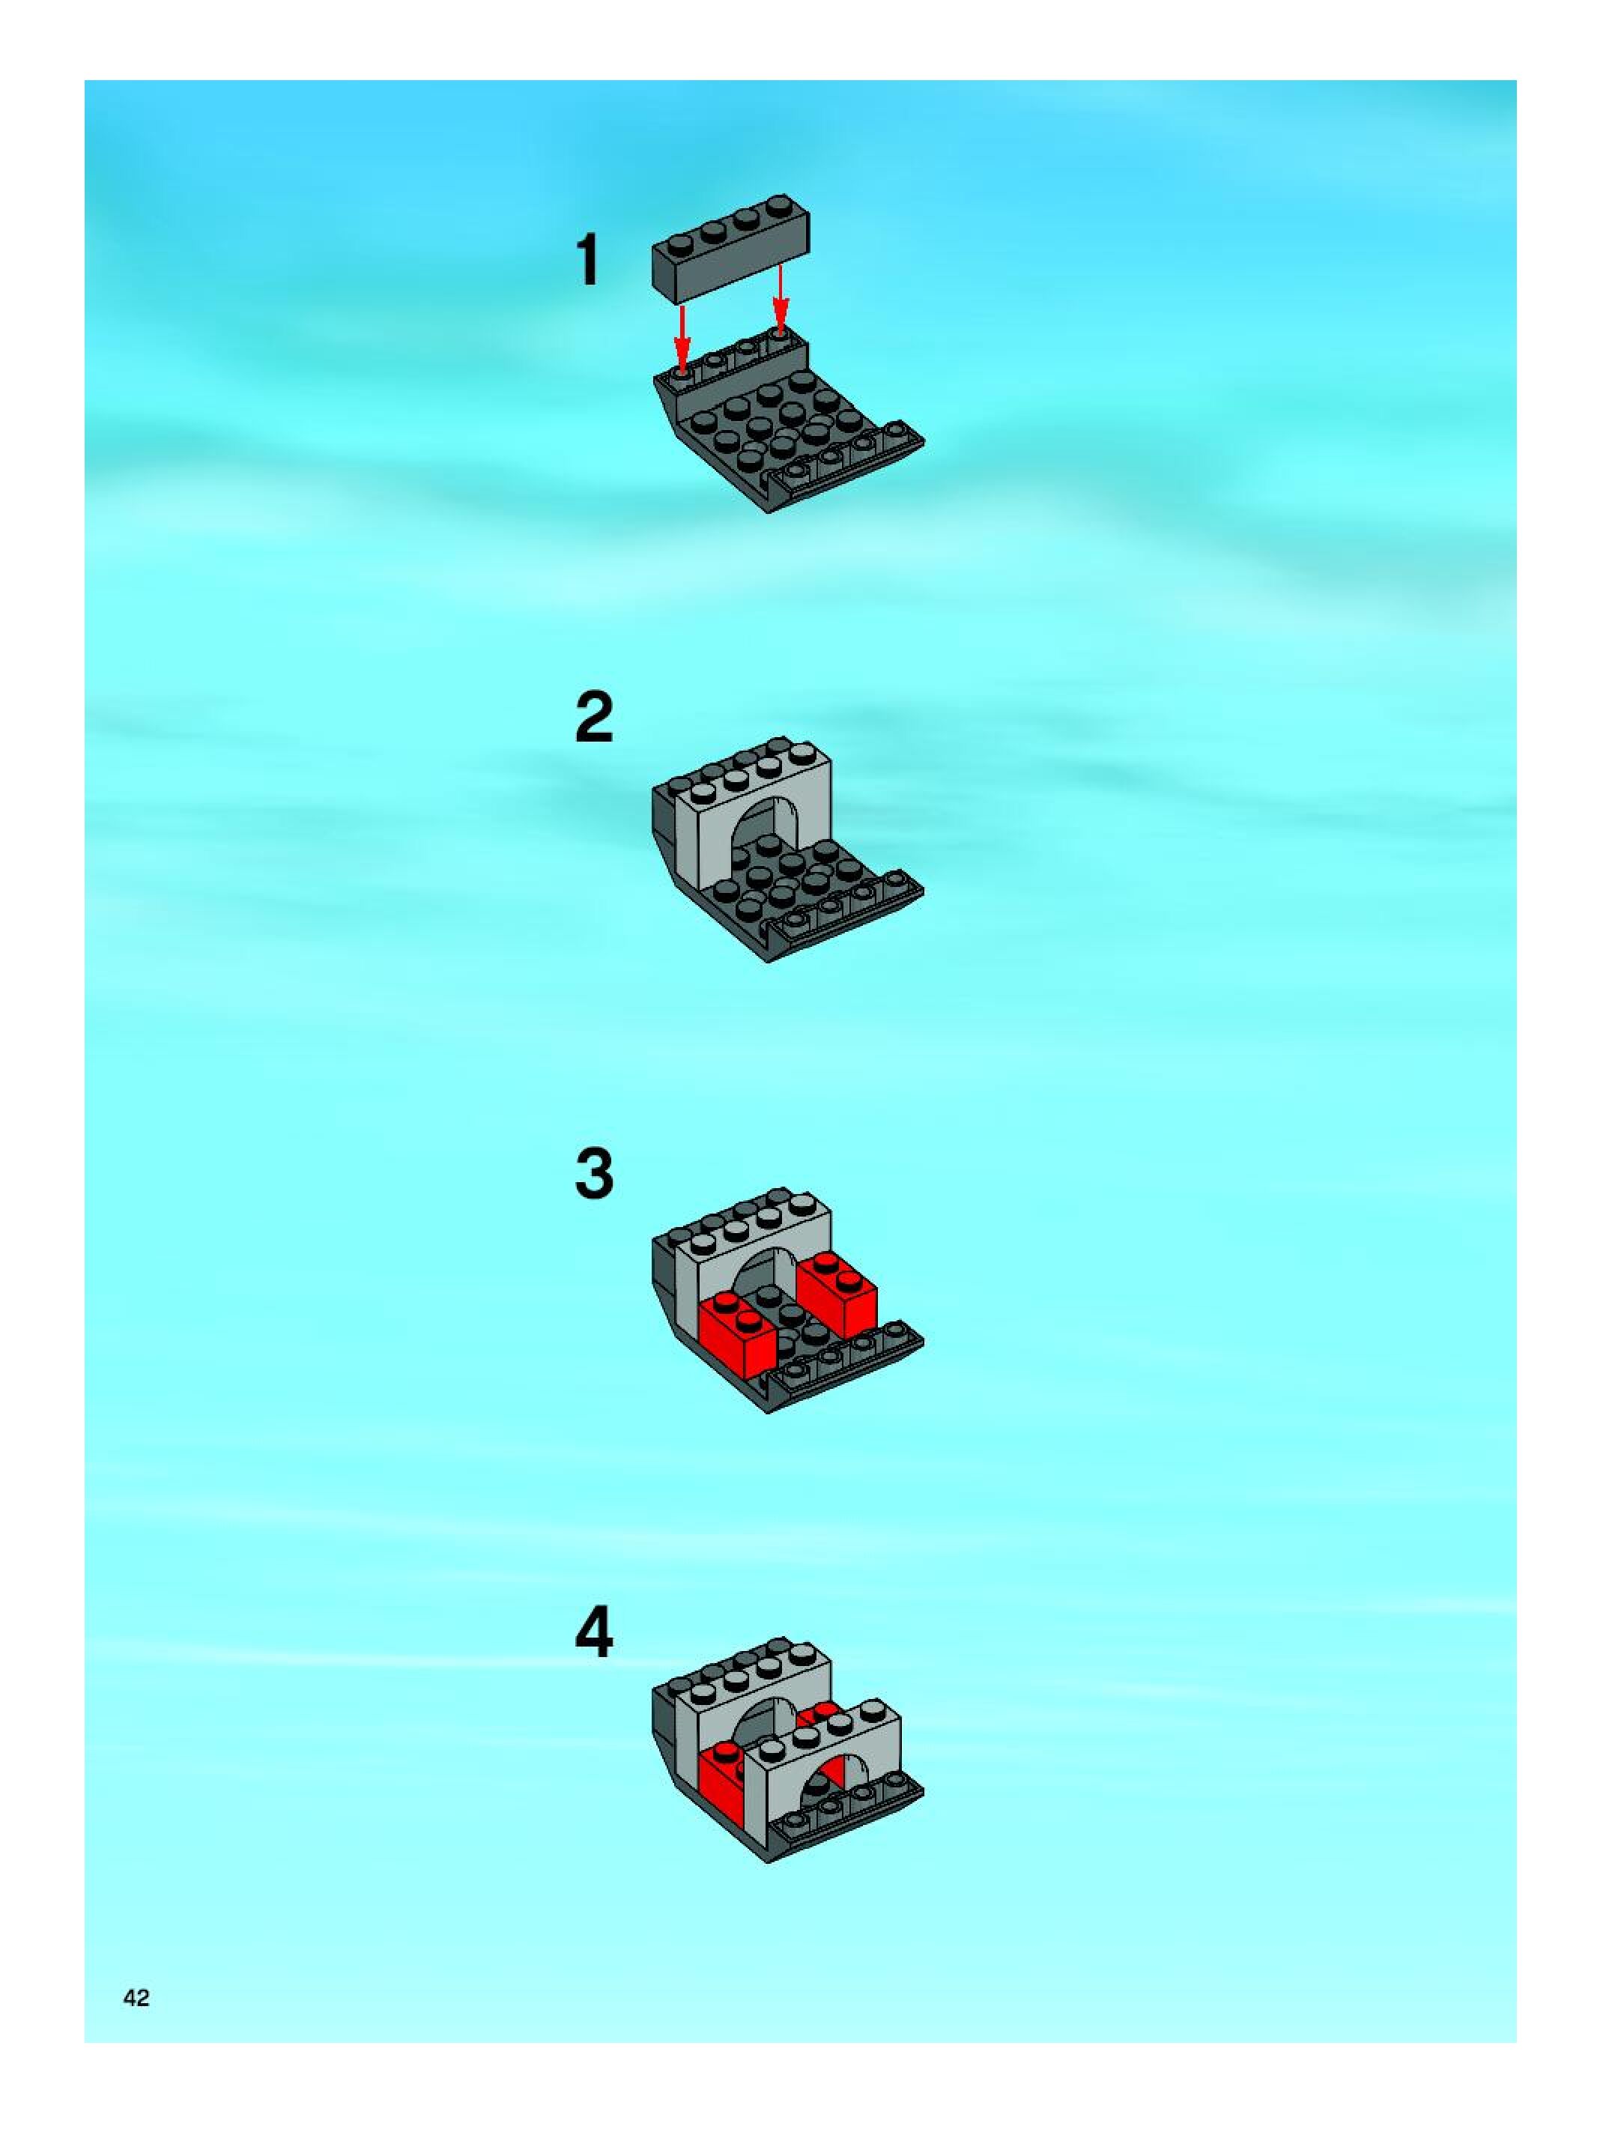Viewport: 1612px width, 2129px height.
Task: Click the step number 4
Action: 594,1632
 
